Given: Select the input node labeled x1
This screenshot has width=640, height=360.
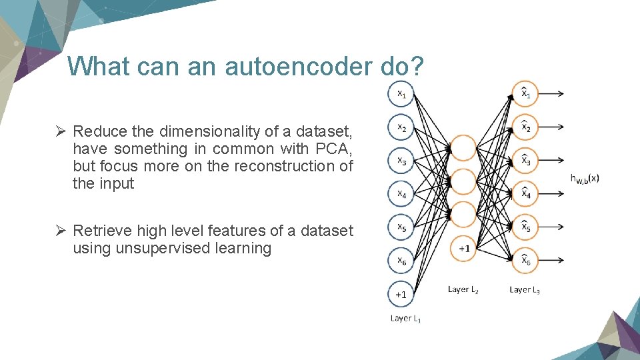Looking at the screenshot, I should (x=401, y=94).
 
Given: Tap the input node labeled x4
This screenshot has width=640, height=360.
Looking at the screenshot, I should (x=401, y=194).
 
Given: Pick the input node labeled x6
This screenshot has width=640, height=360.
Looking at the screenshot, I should (x=401, y=261).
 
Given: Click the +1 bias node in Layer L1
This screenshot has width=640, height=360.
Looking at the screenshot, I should (x=401, y=293).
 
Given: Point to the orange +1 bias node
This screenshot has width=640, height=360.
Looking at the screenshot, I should (x=465, y=248).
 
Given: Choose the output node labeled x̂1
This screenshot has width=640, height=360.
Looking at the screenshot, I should (x=525, y=94).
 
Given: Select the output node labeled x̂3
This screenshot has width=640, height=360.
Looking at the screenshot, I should (x=525, y=161).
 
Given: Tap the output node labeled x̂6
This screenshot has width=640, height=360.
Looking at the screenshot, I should (x=525, y=261).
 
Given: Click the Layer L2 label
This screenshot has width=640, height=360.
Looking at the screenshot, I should (x=463, y=289).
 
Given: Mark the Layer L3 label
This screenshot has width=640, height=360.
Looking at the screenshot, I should (x=525, y=289).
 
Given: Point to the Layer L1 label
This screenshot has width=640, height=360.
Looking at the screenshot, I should (x=405, y=318).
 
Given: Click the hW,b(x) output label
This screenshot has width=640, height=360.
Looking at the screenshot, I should (x=585, y=178).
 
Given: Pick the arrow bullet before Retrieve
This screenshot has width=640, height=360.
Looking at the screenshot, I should (x=60, y=231).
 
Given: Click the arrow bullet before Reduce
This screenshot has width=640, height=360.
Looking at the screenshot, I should (x=60, y=131).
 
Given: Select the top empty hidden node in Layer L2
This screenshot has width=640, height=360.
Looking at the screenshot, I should (x=465, y=147).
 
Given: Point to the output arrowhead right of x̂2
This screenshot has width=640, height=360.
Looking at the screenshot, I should (x=562, y=127).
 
